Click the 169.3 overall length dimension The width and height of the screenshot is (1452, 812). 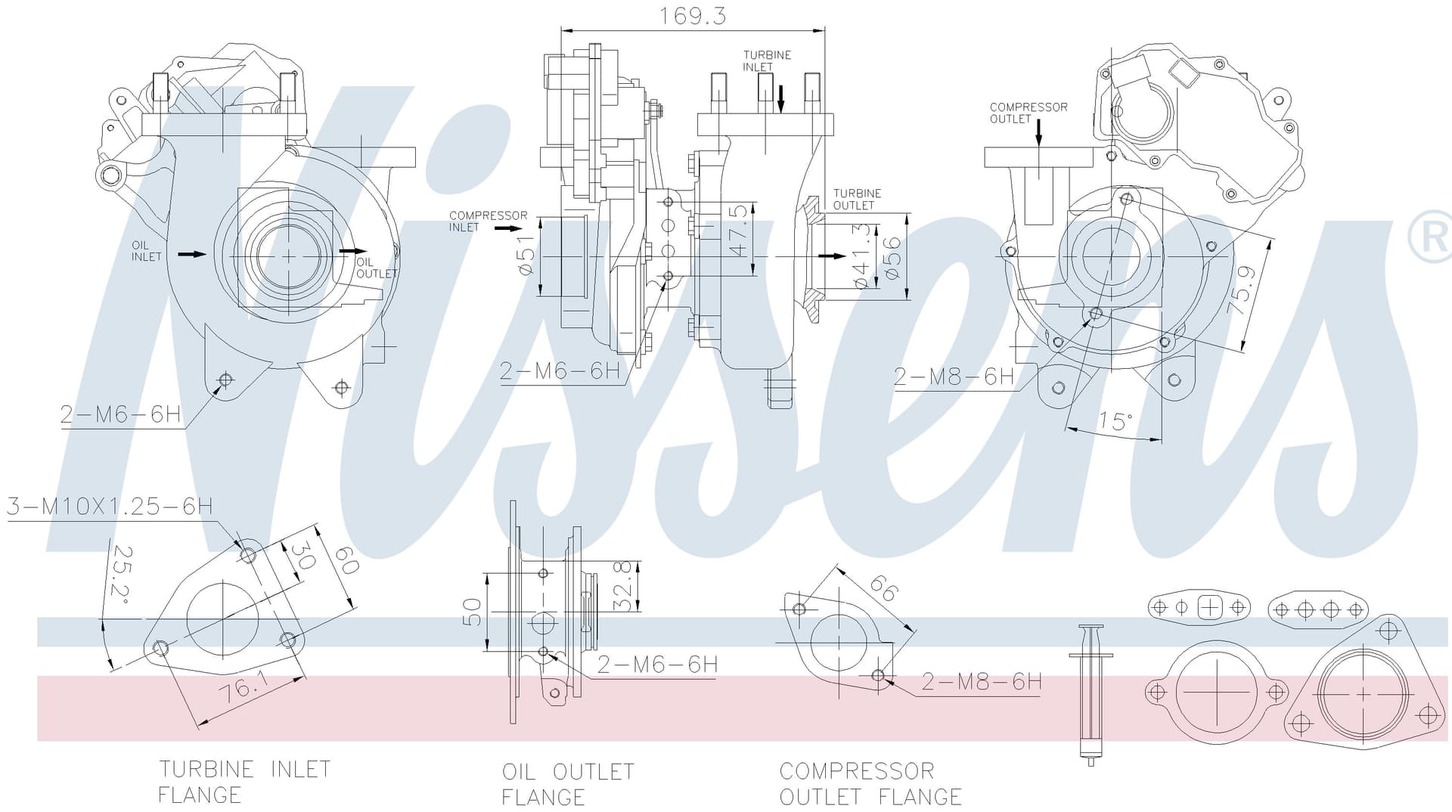click(692, 17)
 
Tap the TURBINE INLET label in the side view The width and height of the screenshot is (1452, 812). click(767, 60)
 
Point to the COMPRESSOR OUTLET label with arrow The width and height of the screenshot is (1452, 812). click(1028, 113)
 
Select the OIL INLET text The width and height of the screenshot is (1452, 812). click(147, 251)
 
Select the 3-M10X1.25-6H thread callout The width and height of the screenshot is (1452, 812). click(110, 506)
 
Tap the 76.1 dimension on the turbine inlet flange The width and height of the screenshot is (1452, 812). click(244, 689)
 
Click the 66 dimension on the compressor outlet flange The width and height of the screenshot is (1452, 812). click(884, 588)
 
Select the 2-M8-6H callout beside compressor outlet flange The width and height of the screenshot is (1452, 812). click(982, 682)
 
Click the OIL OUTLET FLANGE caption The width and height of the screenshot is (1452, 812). click(568, 784)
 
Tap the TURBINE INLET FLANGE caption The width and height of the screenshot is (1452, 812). click(244, 782)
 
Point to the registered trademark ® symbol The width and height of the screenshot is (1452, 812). click(1430, 237)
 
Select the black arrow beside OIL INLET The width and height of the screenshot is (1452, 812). click(192, 254)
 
